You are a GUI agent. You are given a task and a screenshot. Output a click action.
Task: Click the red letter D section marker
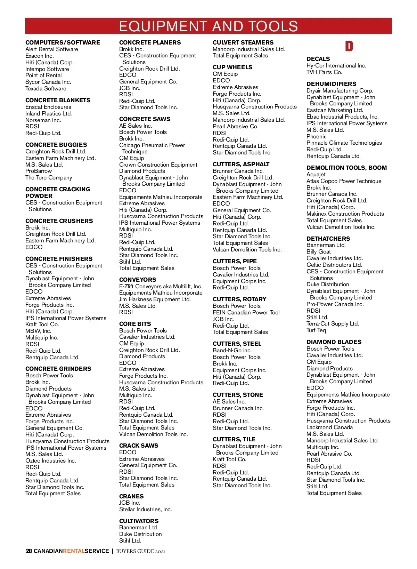tap(349, 46)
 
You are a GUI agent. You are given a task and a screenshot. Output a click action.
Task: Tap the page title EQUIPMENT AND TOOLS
tap(208, 26)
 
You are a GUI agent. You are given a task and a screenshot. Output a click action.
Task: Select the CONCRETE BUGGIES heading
tap(56, 145)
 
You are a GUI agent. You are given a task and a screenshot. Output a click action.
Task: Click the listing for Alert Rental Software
tap(52, 49)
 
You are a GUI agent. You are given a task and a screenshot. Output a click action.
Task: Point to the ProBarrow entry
tap(39, 171)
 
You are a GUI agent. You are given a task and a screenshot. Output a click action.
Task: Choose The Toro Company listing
tap(49, 178)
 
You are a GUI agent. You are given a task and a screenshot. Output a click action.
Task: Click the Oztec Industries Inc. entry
tap(51, 461)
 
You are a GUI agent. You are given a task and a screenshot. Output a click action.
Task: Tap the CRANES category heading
tap(131, 496)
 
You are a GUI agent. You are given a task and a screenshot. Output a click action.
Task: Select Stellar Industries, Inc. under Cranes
tap(146, 510)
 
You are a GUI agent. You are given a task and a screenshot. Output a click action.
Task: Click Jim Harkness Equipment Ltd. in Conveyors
tap(155, 299)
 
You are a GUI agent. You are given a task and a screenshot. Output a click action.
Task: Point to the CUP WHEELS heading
tap(232, 67)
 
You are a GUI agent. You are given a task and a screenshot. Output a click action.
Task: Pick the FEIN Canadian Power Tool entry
tap(246, 313)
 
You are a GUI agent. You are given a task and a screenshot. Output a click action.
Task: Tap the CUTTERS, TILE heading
tap(234, 440)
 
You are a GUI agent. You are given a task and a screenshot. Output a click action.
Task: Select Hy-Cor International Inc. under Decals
tap(336, 66)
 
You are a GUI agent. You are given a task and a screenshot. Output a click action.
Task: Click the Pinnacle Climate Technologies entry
tap(344, 143)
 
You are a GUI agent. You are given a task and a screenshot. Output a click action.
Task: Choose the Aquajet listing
tap(316, 175)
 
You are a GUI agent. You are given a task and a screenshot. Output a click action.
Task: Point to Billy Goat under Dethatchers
tap(319, 252)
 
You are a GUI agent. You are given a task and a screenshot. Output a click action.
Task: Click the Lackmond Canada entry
tap(329, 427)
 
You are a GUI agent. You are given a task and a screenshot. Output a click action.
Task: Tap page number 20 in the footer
tap(29, 551)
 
